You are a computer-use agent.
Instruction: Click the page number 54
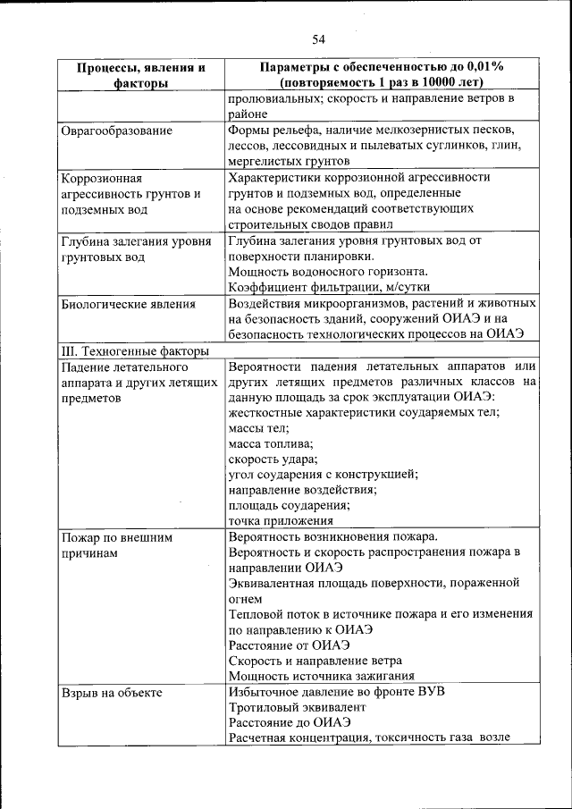[319, 38]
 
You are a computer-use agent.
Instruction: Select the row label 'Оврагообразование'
[116, 131]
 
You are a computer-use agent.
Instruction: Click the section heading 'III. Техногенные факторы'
[134, 352]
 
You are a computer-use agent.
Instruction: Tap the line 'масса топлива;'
[271, 443]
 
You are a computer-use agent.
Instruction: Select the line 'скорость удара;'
[273, 459]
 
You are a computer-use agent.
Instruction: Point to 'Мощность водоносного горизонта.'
[328, 271]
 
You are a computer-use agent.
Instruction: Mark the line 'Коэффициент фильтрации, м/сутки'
[329, 287]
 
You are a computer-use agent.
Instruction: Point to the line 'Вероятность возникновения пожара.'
[332, 537]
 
